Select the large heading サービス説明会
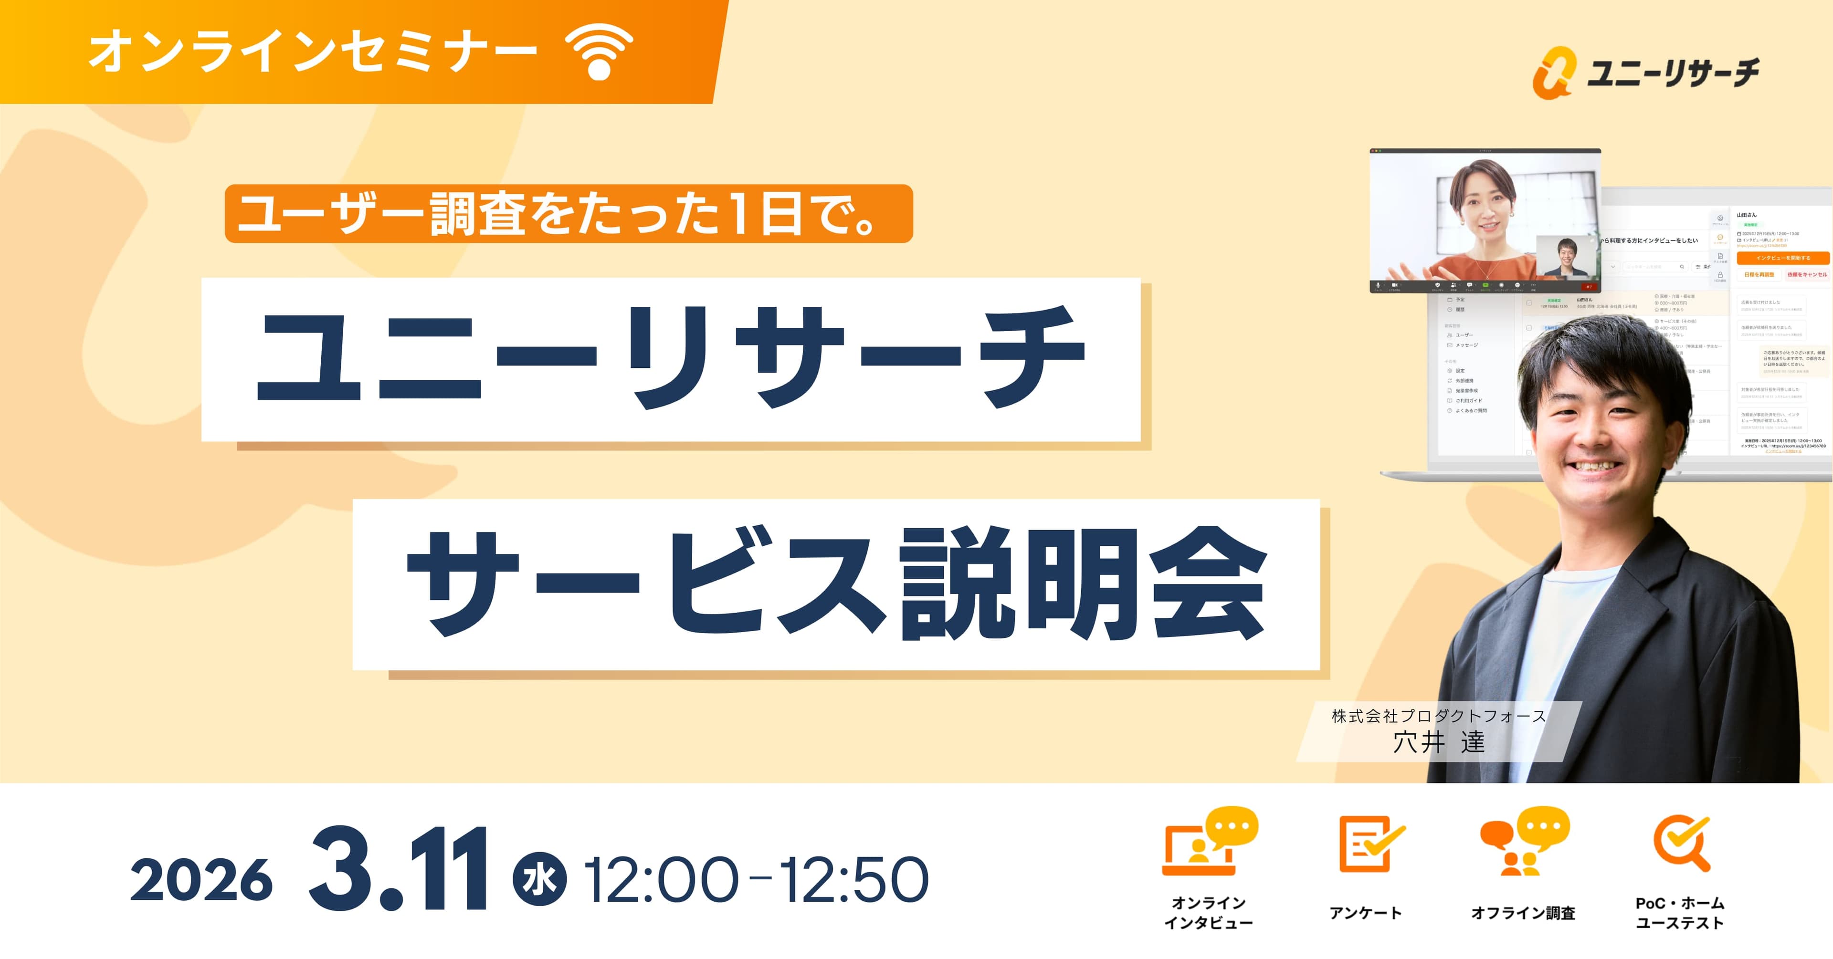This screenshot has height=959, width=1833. (836, 584)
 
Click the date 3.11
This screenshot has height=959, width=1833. (399, 869)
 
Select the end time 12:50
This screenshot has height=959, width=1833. (854, 880)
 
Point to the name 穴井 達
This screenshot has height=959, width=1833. (1438, 742)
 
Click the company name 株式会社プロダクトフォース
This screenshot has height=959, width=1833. (1438, 716)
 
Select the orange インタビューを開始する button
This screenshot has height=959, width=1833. (1782, 258)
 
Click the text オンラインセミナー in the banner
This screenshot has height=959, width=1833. (313, 52)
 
